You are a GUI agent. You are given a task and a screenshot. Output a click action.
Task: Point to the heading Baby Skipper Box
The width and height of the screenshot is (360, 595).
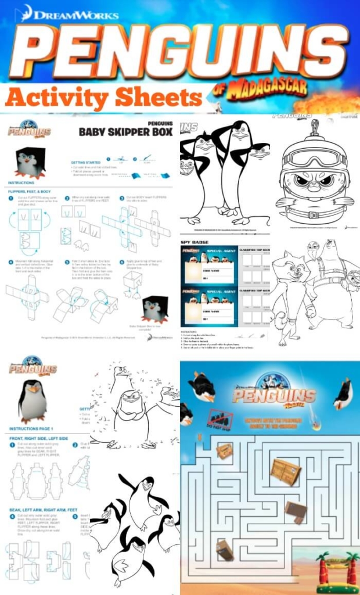pos(125,132)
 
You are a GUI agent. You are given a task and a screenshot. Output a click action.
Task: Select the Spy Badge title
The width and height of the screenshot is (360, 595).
pos(195,242)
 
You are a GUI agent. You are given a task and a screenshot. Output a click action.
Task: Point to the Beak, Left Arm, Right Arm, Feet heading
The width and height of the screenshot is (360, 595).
pos(44,510)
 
